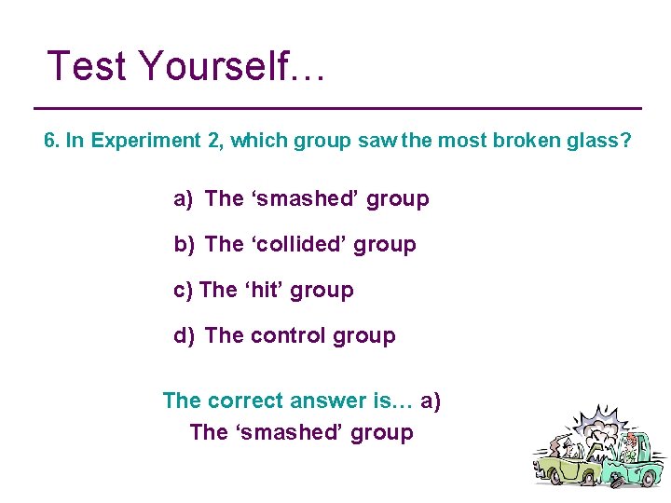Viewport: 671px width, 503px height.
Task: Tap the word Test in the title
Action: (88, 66)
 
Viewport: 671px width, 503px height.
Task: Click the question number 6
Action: (51, 141)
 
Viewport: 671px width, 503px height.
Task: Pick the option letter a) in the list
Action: (183, 198)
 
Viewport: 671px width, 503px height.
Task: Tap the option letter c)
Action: (183, 290)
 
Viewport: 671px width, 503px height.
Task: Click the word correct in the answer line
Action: (247, 401)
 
